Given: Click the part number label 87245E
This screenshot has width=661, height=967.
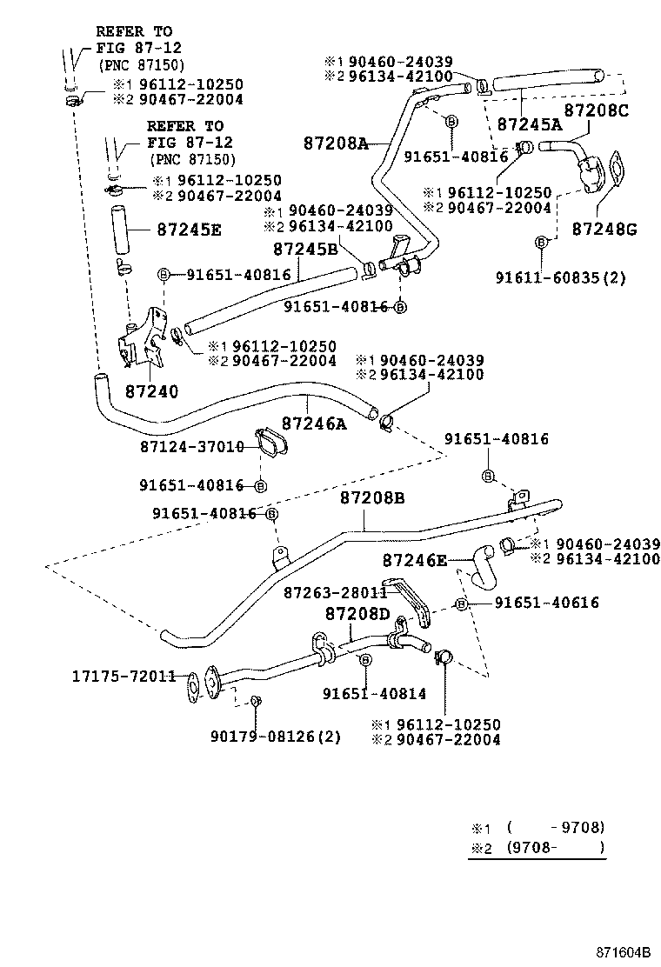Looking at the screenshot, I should pyautogui.click(x=189, y=230).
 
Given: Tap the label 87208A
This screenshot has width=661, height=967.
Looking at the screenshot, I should pyautogui.click(x=337, y=143).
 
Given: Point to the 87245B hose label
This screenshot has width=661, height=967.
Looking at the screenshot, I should pyautogui.click(x=305, y=249).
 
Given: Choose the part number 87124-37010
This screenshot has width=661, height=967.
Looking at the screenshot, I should pyautogui.click(x=191, y=446).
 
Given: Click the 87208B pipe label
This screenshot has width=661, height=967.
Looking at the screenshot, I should pyautogui.click(x=372, y=498).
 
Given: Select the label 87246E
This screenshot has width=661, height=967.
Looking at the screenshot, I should pyautogui.click(x=415, y=561).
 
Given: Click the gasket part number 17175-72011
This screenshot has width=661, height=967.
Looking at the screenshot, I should pyautogui.click(x=124, y=675).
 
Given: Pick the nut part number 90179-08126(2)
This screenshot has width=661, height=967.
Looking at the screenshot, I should pyautogui.click(x=276, y=737).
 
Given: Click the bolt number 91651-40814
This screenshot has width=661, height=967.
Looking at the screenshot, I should pyautogui.click(x=375, y=693).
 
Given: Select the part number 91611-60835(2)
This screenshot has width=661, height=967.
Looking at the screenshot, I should pyautogui.click(x=561, y=277).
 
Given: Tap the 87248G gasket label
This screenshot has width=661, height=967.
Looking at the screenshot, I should pyautogui.click(x=605, y=230).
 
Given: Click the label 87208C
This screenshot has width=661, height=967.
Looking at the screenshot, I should pyautogui.click(x=596, y=110).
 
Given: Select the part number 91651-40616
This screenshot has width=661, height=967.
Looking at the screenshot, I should pyautogui.click(x=547, y=602).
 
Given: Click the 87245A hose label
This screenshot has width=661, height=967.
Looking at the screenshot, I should pyautogui.click(x=530, y=124).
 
